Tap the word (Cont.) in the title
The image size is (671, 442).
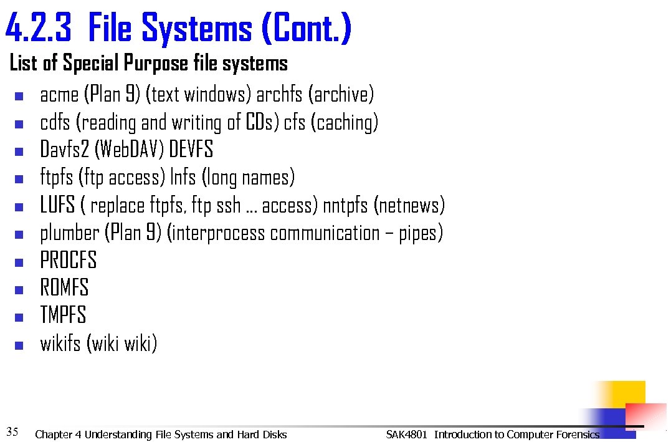point(307,29)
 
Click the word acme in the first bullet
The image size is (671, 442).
point(59,95)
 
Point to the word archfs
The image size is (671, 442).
point(279,95)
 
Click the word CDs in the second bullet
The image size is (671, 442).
point(262,122)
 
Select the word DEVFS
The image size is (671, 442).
point(191,150)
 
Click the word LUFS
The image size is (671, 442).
point(58,205)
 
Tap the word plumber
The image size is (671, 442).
point(69,233)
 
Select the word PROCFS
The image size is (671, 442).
point(69,261)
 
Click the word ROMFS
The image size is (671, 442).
point(65,288)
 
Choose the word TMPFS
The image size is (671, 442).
point(63,315)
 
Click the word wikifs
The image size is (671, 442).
point(60,343)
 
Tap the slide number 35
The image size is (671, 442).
point(12,431)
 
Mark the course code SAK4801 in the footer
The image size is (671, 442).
point(406,435)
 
